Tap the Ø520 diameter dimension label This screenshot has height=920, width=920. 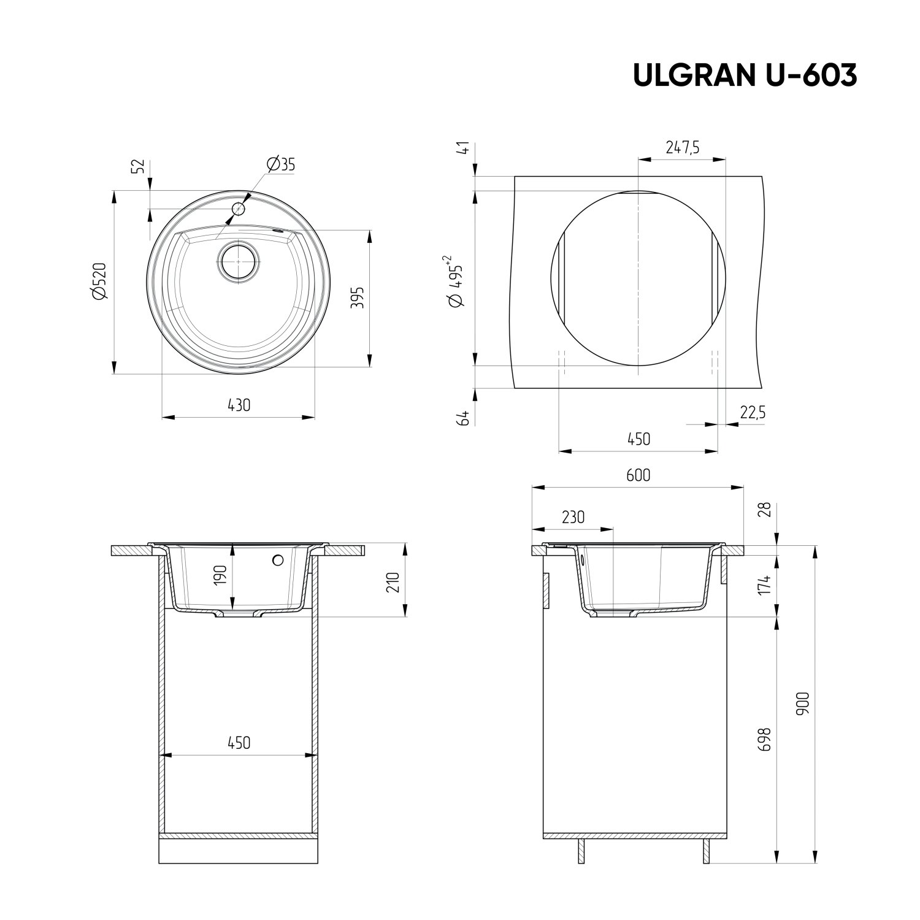pyautogui.click(x=100, y=282)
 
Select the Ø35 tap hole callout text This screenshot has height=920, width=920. pyautogui.click(x=281, y=164)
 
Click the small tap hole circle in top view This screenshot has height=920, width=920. pyautogui.click(x=238, y=209)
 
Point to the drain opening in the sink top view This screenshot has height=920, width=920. pyautogui.click(x=238, y=262)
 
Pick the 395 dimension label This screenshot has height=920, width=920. pyautogui.click(x=359, y=298)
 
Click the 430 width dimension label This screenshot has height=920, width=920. pyautogui.click(x=239, y=405)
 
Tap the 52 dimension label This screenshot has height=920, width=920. pyautogui.click(x=139, y=166)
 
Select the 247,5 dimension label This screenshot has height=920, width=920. pyautogui.click(x=682, y=148)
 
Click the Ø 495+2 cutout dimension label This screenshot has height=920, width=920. pyautogui.click(x=458, y=282)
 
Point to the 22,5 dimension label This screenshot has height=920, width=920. pyautogui.click(x=753, y=413)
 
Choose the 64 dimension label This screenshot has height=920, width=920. pyautogui.click(x=464, y=418)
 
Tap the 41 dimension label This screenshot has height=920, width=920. pyautogui.click(x=464, y=148)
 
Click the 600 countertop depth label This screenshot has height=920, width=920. pyautogui.click(x=638, y=475)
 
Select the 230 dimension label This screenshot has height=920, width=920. pyautogui.click(x=572, y=517)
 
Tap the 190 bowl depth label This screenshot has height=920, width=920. pyautogui.click(x=221, y=575)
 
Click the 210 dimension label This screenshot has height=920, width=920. pyautogui.click(x=393, y=581)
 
